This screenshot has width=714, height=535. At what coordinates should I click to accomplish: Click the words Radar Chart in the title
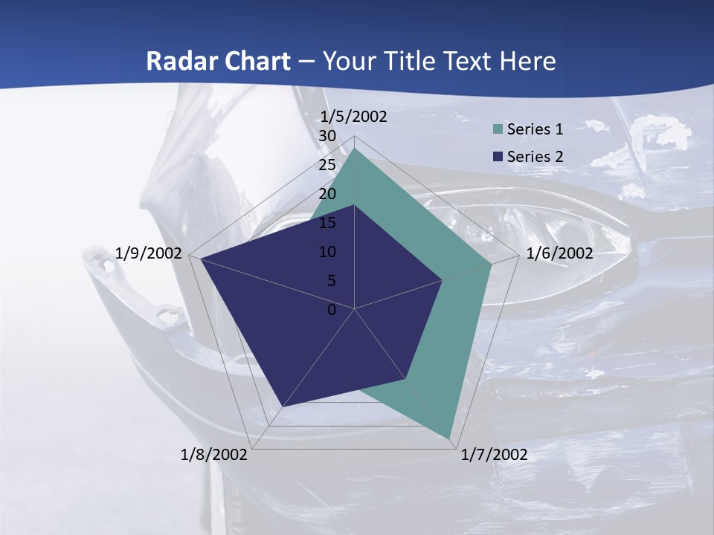[x=218, y=61]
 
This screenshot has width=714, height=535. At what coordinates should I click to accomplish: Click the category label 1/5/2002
[x=353, y=116]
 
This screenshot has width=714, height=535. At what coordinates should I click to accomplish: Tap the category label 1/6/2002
[x=559, y=253]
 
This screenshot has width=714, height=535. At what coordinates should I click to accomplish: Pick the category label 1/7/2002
[x=494, y=455]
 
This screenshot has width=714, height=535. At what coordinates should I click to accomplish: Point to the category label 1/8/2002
[x=214, y=455]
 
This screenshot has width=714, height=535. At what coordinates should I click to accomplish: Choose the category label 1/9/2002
[x=149, y=253]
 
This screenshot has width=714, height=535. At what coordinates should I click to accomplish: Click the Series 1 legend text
[x=535, y=129]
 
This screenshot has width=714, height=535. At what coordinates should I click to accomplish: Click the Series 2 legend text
[x=535, y=156]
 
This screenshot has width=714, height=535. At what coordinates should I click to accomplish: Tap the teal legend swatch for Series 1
[x=498, y=130]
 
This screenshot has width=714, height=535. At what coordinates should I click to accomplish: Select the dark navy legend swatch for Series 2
[x=498, y=157]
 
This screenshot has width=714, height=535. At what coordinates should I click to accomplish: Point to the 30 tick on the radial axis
[x=327, y=136]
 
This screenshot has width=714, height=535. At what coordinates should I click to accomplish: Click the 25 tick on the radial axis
[x=327, y=165]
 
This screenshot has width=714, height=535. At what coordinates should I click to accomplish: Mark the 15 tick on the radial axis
[x=327, y=223]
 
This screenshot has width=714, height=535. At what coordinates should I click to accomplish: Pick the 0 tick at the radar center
[x=332, y=310]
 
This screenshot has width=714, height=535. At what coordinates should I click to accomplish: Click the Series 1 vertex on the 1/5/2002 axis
[x=355, y=149]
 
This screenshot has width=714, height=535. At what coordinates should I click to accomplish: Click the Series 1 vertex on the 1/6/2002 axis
[x=492, y=264]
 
